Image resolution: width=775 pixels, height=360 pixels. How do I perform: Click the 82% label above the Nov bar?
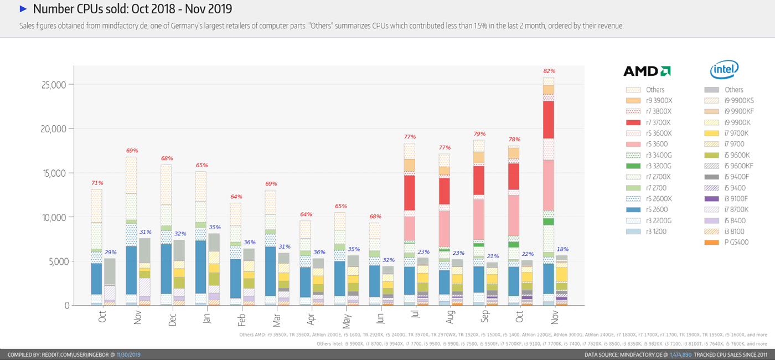pos(549,71)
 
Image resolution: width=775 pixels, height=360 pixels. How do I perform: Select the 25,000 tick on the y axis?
pos(54,85)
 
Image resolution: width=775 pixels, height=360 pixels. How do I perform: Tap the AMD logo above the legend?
pos(647,71)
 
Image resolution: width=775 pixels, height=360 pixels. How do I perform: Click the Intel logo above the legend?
pos(724,70)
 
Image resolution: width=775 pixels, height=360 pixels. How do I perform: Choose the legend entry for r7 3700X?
pos(658,122)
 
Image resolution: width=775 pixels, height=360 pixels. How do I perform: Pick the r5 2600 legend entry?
pos(657,209)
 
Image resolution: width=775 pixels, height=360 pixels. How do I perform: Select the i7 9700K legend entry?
pos(737,133)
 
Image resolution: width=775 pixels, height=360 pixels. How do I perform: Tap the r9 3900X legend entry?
pos(659,100)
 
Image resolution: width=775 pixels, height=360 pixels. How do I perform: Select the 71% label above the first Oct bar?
pos(97,183)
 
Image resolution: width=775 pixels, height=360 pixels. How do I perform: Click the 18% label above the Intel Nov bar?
pos(562,249)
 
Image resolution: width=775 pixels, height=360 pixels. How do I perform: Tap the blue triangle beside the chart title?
pos(23,9)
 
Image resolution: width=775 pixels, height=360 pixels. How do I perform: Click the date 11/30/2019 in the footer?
pos(129,354)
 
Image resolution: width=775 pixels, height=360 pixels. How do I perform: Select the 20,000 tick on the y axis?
pos(54,129)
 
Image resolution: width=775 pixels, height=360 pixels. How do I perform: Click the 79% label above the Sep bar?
pos(479,134)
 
